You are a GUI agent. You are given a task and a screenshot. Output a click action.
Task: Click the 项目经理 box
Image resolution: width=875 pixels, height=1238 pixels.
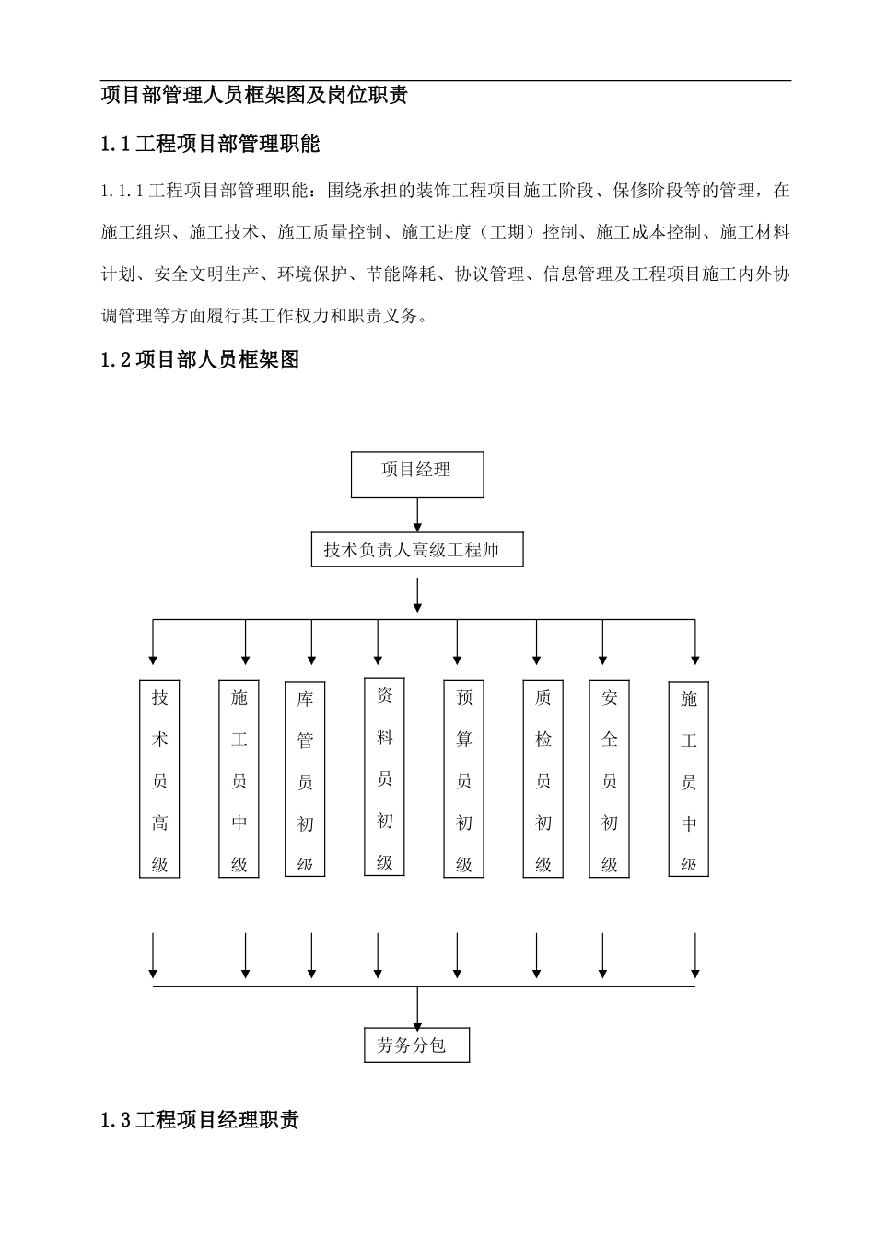click(417, 474)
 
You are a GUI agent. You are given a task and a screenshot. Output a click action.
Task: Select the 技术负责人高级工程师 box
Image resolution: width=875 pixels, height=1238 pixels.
click(417, 550)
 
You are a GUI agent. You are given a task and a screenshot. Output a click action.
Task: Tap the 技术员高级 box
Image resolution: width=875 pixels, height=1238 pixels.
click(159, 778)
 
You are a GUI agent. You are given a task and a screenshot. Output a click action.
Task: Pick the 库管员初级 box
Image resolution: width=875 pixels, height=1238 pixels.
click(305, 779)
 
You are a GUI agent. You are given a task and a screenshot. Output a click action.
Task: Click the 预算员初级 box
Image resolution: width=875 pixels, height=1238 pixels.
click(463, 779)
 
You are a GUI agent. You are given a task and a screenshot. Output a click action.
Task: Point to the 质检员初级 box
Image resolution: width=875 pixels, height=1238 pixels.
click(542, 779)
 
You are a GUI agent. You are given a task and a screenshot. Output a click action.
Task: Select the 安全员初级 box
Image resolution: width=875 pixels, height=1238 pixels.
click(609, 779)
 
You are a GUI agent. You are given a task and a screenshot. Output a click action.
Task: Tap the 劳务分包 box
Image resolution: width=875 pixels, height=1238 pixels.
click(416, 1045)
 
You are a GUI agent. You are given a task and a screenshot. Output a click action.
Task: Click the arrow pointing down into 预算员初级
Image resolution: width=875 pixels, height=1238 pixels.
click(458, 643)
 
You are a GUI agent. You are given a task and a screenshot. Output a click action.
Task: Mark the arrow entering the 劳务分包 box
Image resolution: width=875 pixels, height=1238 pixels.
click(418, 1008)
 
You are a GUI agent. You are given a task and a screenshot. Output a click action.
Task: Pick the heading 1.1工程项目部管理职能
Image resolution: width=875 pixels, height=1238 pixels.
click(210, 144)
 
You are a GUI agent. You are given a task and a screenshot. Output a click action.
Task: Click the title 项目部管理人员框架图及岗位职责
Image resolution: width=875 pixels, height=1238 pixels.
click(254, 96)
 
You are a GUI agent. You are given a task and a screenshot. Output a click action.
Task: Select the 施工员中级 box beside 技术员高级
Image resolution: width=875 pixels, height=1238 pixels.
click(239, 779)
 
